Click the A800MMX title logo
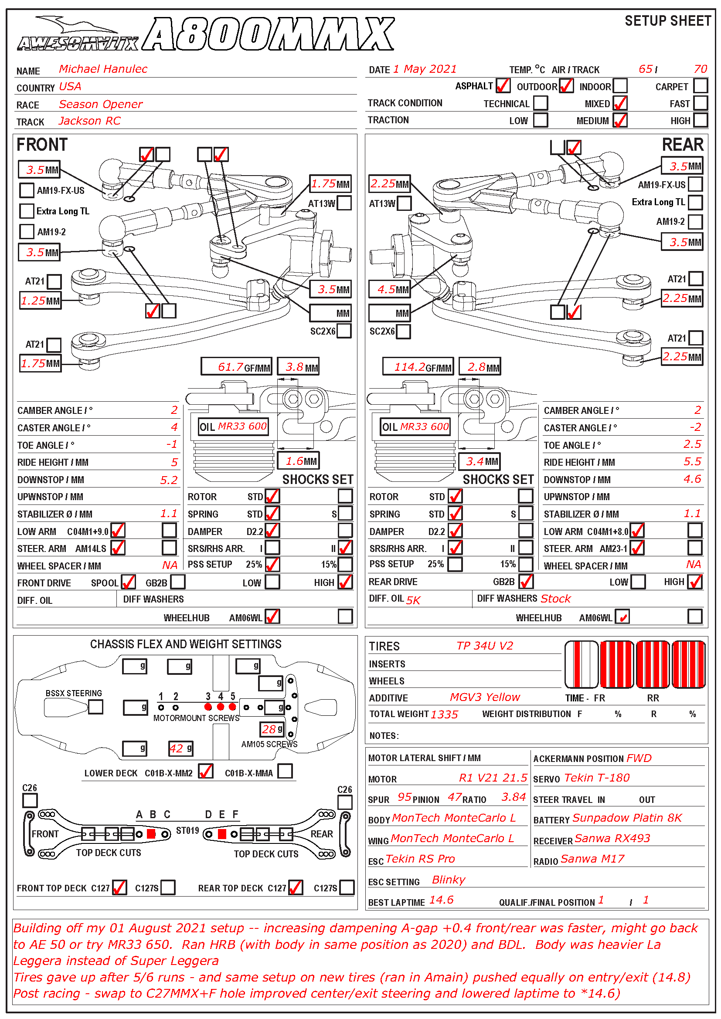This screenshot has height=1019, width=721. [x=269, y=34]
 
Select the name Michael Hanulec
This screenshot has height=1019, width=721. [x=103, y=69]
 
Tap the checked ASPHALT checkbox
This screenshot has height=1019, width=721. [x=503, y=86]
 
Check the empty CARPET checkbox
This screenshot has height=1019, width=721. [x=700, y=86]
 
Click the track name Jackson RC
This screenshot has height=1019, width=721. [x=90, y=121]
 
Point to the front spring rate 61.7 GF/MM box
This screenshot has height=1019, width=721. [x=236, y=367]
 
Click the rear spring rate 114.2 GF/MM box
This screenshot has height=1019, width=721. [x=418, y=367]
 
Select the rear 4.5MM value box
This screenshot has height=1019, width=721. [x=389, y=290]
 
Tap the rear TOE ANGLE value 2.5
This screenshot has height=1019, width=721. [x=692, y=444]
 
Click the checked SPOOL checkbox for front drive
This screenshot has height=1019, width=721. [x=128, y=582]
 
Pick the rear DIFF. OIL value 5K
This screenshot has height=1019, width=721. [x=413, y=600]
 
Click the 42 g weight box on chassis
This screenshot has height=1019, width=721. [x=181, y=749]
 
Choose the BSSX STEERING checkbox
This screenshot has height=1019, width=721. [x=95, y=707]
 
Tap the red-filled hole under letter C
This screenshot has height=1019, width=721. [x=151, y=834]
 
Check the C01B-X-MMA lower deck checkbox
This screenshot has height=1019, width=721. [x=285, y=772]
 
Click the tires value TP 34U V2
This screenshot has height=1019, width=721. [x=484, y=646]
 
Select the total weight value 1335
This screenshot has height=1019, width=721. [x=444, y=714]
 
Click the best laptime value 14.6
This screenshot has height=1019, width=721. [x=441, y=900]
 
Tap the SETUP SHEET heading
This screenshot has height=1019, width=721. [x=667, y=21]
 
